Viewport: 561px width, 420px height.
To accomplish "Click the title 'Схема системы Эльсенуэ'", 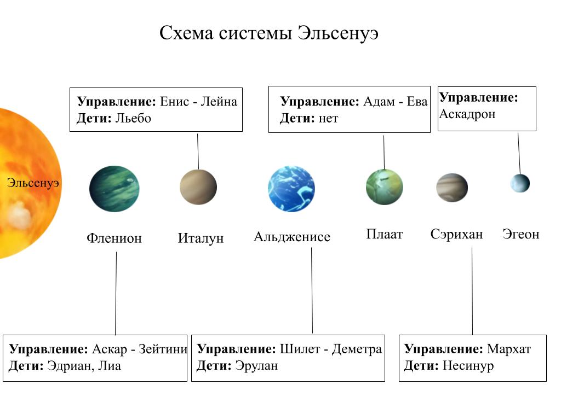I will (269, 33).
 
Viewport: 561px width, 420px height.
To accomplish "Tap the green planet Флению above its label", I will (114, 189).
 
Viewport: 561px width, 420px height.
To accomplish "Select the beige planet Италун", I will (198, 187).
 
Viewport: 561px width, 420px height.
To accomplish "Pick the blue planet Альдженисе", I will (291, 189).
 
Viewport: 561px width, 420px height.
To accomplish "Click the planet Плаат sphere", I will (384, 187).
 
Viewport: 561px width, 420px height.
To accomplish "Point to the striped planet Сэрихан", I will (452, 188).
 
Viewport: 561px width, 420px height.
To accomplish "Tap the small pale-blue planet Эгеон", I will (520, 183).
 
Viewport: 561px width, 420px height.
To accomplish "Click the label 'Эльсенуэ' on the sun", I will (32, 183).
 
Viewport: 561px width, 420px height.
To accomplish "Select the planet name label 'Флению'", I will (114, 238).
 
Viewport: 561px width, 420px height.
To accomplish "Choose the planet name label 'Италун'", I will (201, 238).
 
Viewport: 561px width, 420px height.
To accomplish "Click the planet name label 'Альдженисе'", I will (292, 237).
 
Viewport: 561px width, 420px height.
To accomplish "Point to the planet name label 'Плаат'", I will (384, 235).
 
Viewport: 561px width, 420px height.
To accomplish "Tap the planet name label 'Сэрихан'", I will (456, 235).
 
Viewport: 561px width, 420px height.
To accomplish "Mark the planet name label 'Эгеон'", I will (520, 234).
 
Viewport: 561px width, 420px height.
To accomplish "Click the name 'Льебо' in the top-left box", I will (133, 118).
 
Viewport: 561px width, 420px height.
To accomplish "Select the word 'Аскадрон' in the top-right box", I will (467, 114).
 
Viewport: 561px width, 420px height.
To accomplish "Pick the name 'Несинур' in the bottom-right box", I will (467, 365).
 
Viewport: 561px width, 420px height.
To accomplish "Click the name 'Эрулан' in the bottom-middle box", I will (256, 365).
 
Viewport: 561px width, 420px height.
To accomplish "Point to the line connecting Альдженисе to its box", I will (312, 290).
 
